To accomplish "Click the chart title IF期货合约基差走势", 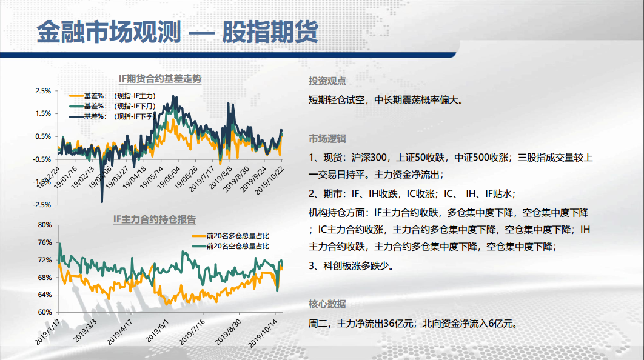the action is (x=160, y=79).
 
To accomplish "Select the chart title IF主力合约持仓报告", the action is (x=155, y=219).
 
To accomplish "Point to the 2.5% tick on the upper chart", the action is (x=43, y=91).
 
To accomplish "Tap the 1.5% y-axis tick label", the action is (x=43, y=114).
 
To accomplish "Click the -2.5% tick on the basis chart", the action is (x=42, y=205).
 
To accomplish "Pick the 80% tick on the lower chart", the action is (x=45, y=225).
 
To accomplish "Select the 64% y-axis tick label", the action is (x=45, y=295).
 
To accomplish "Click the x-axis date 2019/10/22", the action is (x=269, y=181).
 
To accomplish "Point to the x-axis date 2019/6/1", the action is (x=157, y=331).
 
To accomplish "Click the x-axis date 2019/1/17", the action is (x=47, y=332).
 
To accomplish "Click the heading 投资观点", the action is (x=327, y=81).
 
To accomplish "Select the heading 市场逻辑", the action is (x=327, y=139).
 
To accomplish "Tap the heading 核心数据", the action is (x=327, y=304).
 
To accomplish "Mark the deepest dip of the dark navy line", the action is (x=102, y=202).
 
